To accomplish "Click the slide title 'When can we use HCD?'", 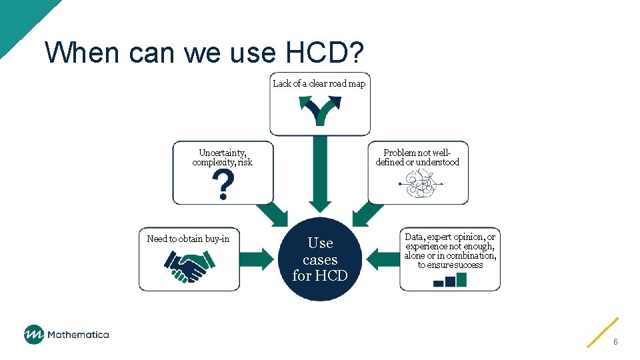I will point(206,52).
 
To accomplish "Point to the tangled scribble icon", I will point(419,185).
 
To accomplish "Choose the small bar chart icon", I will point(450,279).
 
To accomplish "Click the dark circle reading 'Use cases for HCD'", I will point(320,259).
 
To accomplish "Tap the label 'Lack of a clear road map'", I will point(319,83).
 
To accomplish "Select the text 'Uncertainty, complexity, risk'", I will point(223,157).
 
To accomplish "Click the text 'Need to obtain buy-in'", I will point(188,239).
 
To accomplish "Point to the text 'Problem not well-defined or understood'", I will point(417,157).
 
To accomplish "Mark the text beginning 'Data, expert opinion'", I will point(450,251).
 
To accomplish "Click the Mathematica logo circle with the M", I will point(33,334).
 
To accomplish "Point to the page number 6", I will point(615,341).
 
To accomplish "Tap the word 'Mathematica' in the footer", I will point(78,335).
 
